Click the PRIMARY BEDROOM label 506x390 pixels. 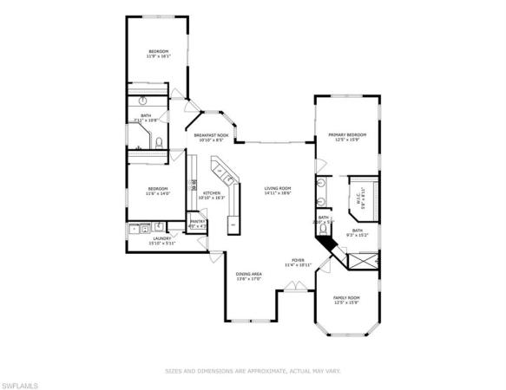(x=346, y=135)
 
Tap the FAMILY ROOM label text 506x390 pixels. (x=346, y=298)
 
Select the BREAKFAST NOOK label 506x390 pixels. (x=211, y=136)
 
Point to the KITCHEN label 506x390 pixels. (x=211, y=193)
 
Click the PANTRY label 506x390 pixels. (x=197, y=222)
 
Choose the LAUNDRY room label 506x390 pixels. (x=162, y=238)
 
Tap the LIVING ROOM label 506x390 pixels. (x=278, y=189)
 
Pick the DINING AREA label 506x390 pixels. (x=249, y=275)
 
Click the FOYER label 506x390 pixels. (x=298, y=260)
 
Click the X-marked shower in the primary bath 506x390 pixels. (x=363, y=257)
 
